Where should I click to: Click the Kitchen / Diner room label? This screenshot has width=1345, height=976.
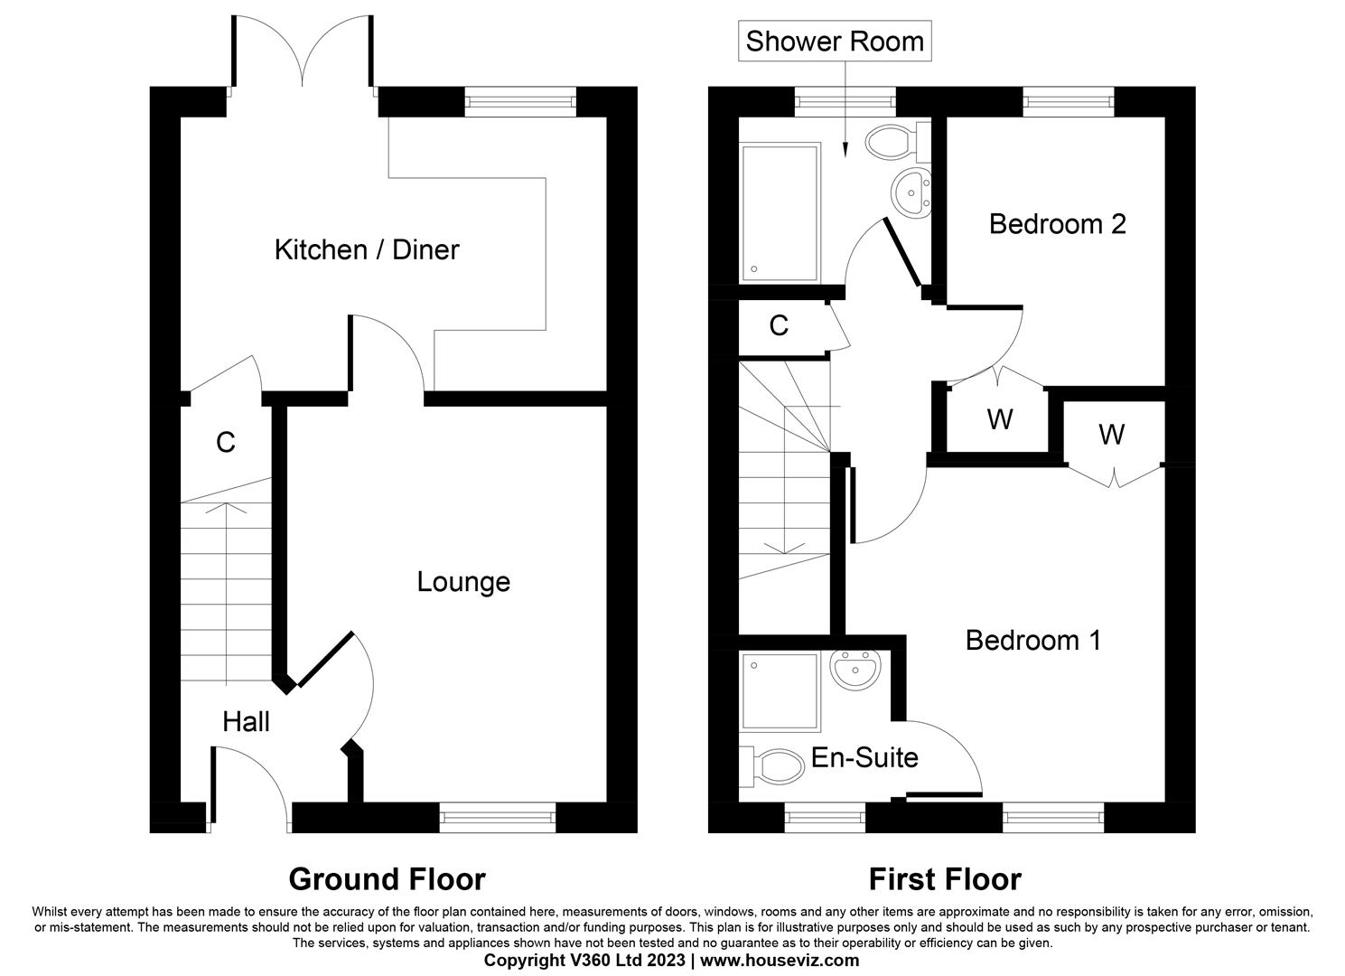[367, 249]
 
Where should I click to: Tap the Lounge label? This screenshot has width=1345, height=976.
[463, 582]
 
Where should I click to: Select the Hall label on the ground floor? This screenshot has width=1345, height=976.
[246, 721]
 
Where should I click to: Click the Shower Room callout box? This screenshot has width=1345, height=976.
[835, 41]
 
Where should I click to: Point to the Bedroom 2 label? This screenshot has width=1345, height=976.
[1058, 224]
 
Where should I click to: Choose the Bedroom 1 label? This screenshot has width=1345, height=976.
[1032, 640]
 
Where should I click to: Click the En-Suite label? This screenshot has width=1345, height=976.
[864, 758]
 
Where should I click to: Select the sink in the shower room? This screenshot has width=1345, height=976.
[911, 191]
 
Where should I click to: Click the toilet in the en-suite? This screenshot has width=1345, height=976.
[772, 766]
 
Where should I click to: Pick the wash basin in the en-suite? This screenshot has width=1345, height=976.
[855, 669]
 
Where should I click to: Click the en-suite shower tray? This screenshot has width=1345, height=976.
[780, 692]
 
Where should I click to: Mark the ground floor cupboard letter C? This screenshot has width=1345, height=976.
[226, 443]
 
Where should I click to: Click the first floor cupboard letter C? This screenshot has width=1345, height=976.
[779, 325]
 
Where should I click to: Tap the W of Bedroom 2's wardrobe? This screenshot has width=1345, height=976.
[1000, 419]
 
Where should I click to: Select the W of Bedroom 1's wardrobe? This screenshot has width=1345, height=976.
[1111, 435]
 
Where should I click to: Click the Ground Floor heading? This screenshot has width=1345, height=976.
[388, 879]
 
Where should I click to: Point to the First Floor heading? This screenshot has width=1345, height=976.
[945, 879]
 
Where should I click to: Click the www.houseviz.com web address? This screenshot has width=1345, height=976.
[780, 961]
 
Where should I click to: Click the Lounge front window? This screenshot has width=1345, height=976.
[498, 817]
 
